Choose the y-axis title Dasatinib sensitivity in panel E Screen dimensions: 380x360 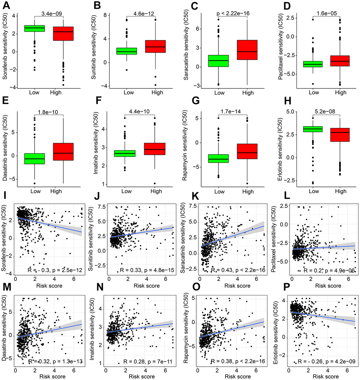(x=6, y=150)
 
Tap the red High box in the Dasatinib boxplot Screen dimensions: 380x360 (x=64, y=152)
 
